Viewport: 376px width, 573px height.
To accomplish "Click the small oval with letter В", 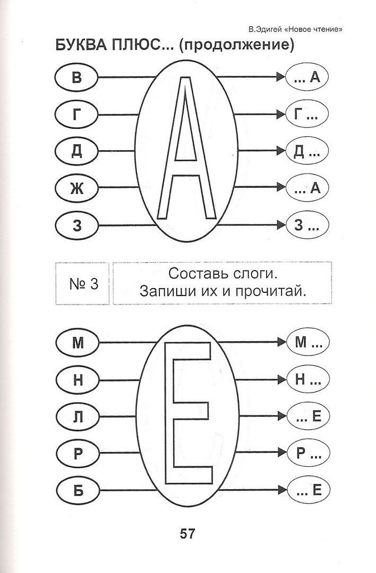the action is (76, 77).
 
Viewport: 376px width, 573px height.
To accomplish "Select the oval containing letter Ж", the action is (76, 188).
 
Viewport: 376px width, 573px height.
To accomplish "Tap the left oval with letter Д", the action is (76, 151).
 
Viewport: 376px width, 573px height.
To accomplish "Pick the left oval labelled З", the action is (77, 225).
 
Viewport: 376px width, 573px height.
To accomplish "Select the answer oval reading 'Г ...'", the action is (306, 115).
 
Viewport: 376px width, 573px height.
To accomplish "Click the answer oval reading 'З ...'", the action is (307, 225).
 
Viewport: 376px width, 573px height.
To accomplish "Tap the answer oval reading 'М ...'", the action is (308, 342).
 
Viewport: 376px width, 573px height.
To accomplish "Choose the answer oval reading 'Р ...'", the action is (308, 453).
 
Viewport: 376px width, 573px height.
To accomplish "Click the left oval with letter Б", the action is (78, 490).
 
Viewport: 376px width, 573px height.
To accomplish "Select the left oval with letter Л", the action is (78, 416).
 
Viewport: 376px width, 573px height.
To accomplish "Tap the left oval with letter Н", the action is (78, 380).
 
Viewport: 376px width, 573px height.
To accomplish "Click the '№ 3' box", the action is (83, 283).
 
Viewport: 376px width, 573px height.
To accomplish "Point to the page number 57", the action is (187, 534).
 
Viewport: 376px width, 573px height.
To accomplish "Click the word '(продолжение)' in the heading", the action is (237, 45).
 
